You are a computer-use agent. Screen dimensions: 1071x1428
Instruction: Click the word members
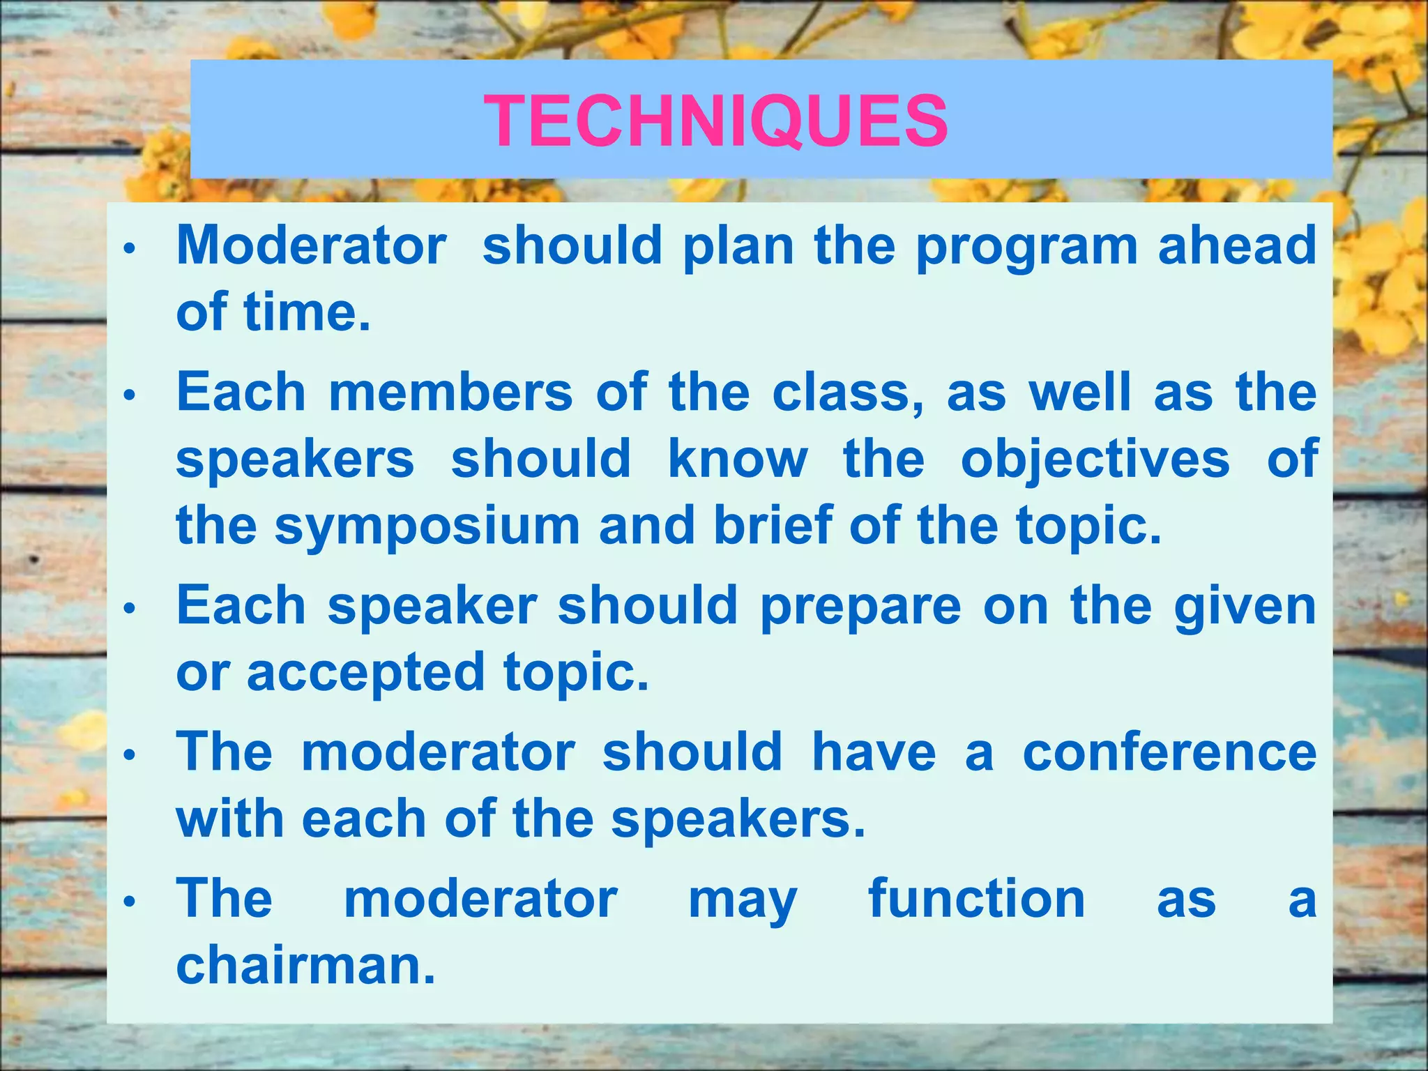[x=450, y=392]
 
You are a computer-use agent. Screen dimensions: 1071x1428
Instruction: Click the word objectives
[x=1095, y=460]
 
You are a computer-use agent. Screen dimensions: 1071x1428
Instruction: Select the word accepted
[x=365, y=674]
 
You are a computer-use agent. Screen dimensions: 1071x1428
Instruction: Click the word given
[x=1245, y=607]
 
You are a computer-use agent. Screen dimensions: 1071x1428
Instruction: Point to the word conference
[x=1169, y=752]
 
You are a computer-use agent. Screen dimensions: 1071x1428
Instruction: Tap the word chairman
[x=305, y=965]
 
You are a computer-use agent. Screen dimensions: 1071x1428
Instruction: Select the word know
[x=738, y=459]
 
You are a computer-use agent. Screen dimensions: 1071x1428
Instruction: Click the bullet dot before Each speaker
[x=128, y=609]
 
